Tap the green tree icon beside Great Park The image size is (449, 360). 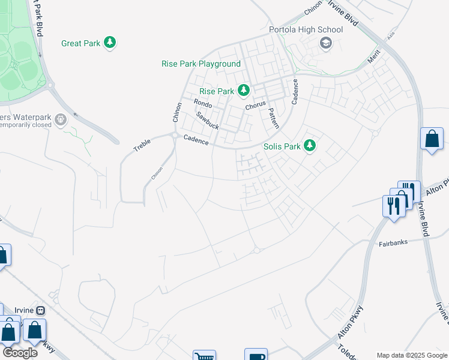(110, 43)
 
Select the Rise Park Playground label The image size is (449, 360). (201, 64)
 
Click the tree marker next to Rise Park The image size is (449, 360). (244, 91)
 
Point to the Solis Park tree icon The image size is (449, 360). (310, 146)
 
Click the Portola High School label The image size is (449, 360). (306, 29)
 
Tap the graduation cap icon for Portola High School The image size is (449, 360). (326, 42)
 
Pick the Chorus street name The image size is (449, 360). (255, 106)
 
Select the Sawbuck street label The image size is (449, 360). (208, 119)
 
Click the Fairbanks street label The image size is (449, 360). (394, 244)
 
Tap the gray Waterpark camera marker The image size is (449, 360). (61, 121)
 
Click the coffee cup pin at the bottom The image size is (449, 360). (256, 355)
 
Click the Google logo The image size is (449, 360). (20, 353)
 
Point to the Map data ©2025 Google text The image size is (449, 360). (412, 355)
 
